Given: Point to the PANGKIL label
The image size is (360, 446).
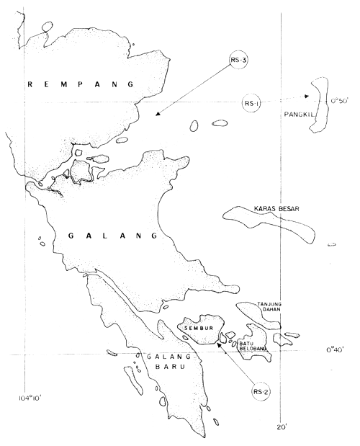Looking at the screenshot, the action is [x=301, y=113].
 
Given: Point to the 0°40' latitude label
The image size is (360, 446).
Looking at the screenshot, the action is [x=338, y=350].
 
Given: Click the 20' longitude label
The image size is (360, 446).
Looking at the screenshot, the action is [x=282, y=427].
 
